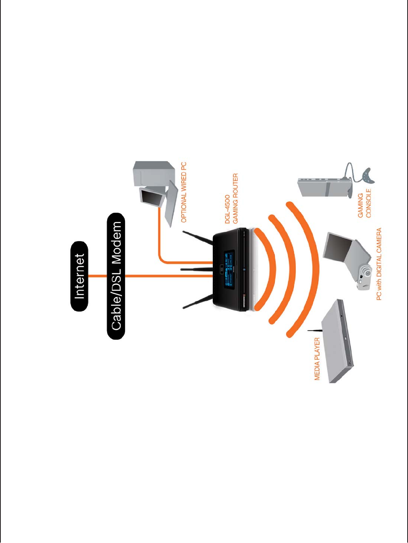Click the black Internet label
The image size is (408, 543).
click(x=79, y=276)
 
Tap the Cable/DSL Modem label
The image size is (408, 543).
click(x=116, y=276)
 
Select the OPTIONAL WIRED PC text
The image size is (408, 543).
click(x=184, y=193)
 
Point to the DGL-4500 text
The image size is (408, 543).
click(x=228, y=209)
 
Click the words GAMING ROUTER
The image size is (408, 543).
click(x=235, y=198)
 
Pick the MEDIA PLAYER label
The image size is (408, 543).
click(x=317, y=359)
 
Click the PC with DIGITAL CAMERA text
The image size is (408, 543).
click(x=379, y=264)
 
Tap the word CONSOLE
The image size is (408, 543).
click(x=368, y=203)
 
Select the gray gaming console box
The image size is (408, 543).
click(x=322, y=187)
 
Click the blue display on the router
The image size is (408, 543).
click(x=228, y=269)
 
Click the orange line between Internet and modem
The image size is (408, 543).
click(x=97, y=276)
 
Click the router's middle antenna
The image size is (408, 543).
click(x=196, y=269)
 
